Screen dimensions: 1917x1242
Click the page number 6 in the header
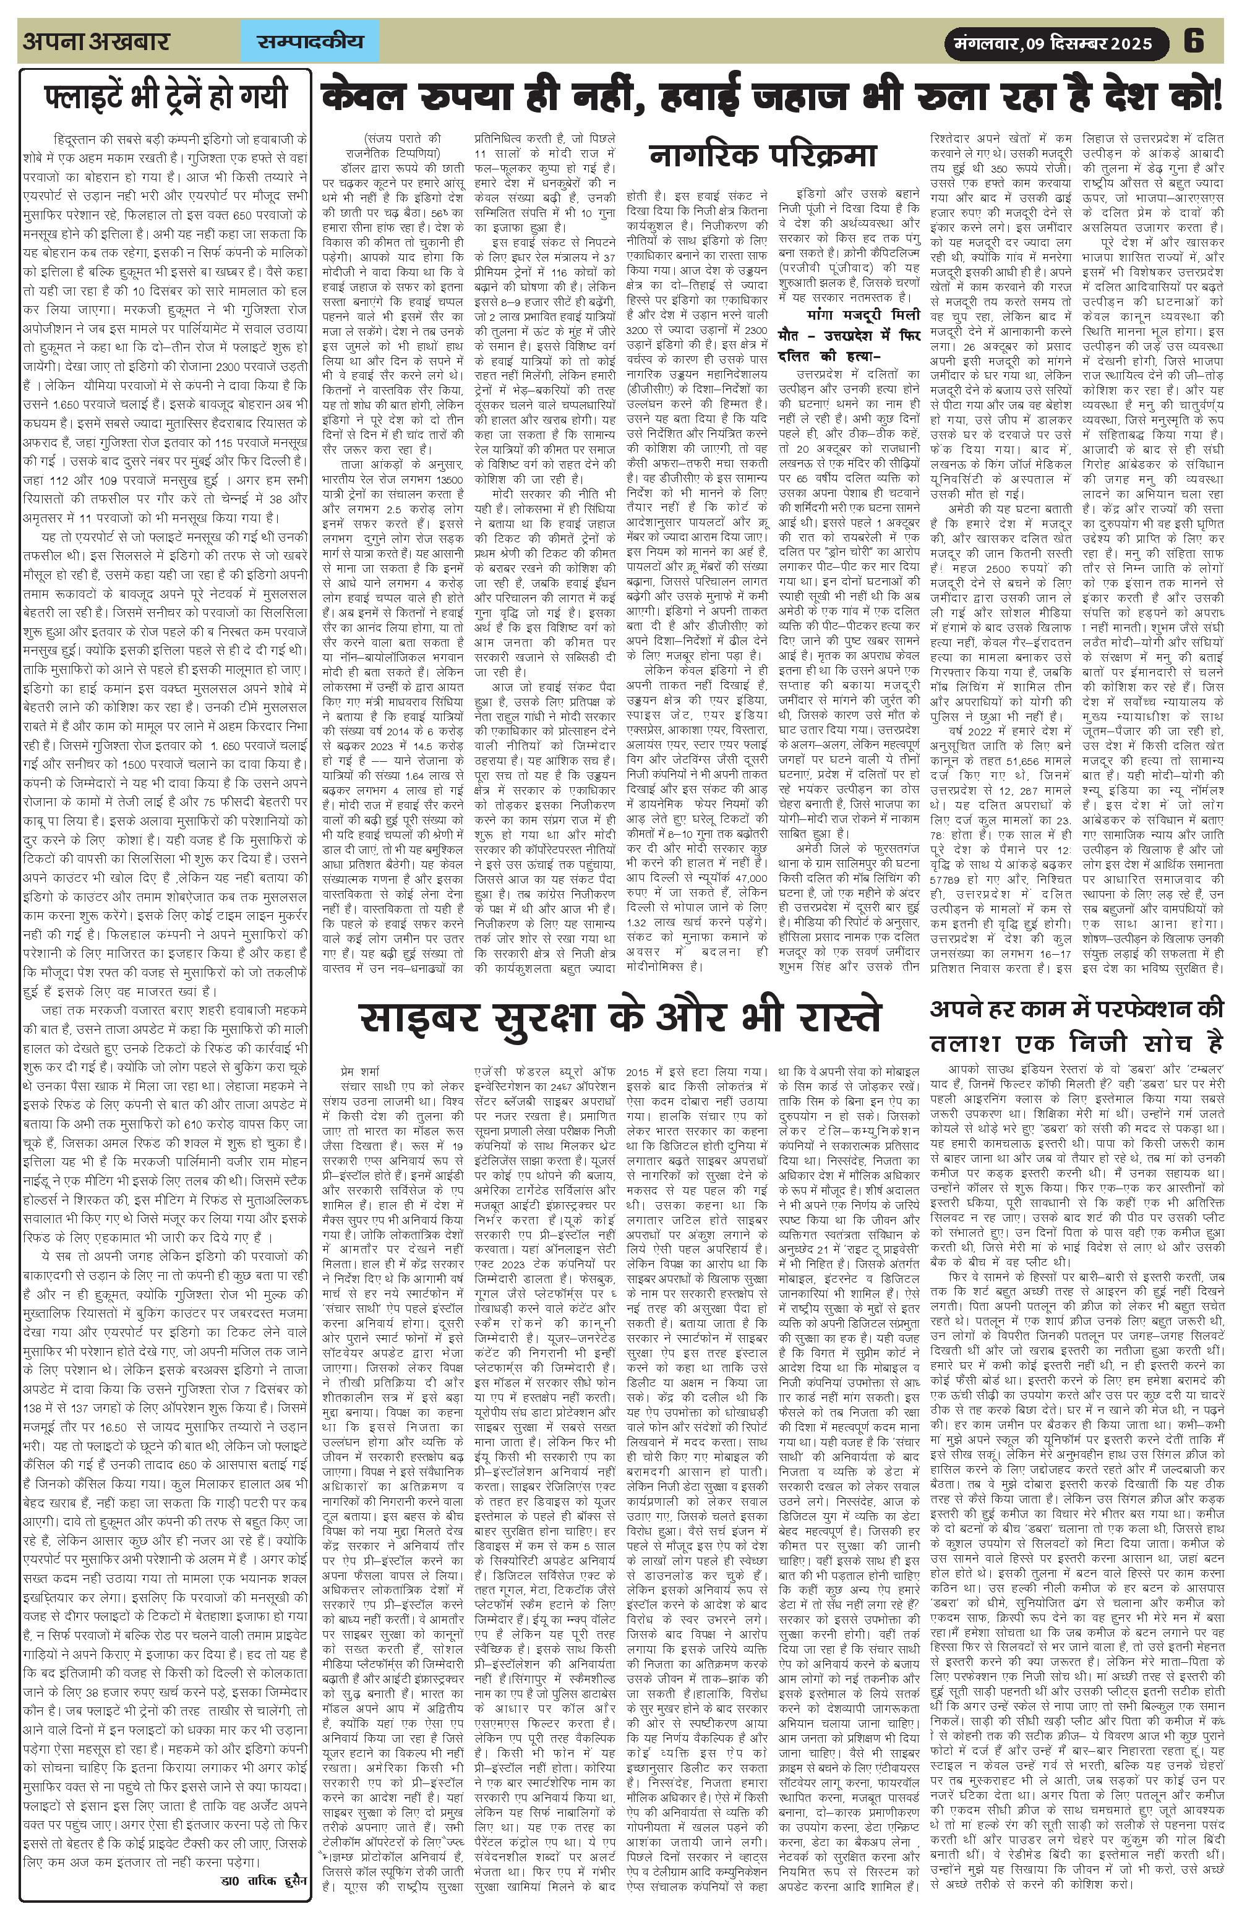click(x=1194, y=41)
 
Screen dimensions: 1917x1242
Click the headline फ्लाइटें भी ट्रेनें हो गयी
click(x=165, y=96)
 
